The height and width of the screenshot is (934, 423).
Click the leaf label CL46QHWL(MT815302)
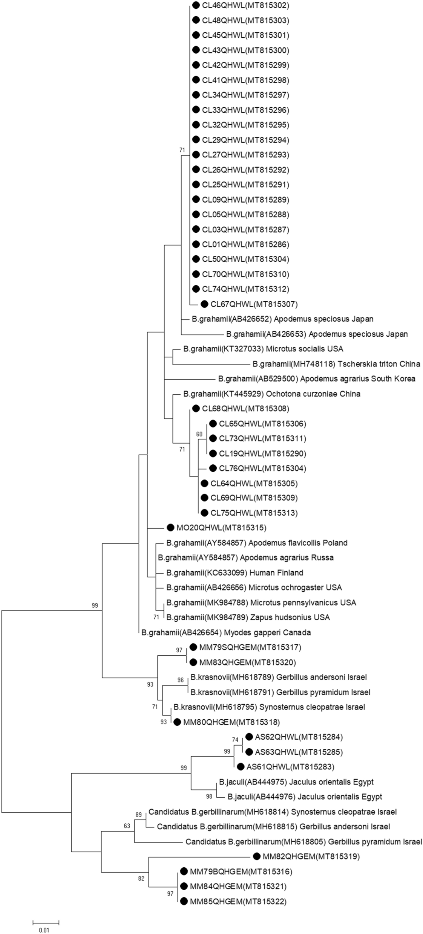click(245, 5)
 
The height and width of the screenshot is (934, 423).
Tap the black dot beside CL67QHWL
click(204, 304)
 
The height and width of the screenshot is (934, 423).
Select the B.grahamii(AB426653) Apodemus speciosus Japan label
click(317, 334)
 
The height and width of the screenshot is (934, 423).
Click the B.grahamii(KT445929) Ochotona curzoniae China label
click(272, 394)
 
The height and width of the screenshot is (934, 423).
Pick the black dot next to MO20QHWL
click(170, 528)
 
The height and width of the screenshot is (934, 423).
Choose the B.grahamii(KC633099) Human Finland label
click(234, 573)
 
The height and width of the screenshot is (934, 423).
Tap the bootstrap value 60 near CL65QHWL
click(199, 434)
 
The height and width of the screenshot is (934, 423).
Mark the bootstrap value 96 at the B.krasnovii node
click(181, 680)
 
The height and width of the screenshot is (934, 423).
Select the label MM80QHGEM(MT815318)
click(231, 722)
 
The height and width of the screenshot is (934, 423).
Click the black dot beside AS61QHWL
click(240, 766)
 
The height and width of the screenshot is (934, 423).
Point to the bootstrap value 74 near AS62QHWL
click(236, 739)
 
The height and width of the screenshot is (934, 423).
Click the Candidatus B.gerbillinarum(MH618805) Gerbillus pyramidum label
click(303, 841)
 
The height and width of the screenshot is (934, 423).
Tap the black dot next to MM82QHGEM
click(256, 856)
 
